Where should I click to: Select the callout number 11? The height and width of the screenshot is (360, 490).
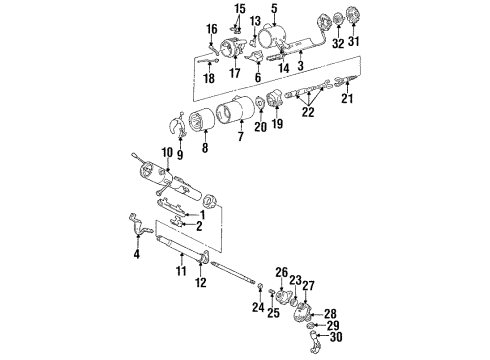[181, 270]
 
